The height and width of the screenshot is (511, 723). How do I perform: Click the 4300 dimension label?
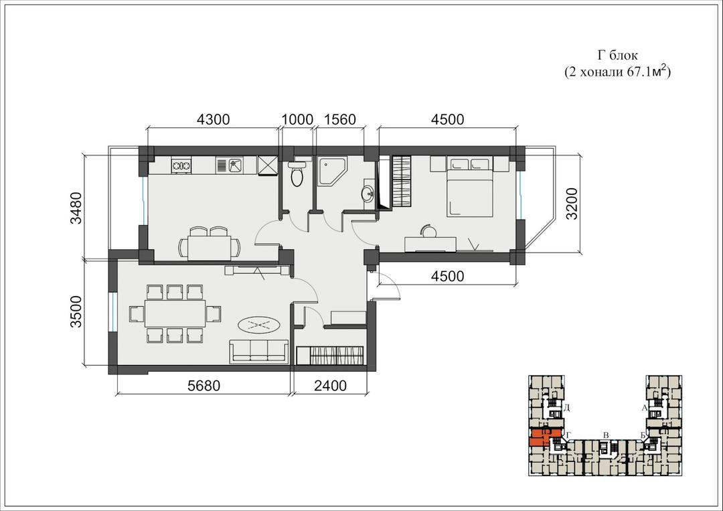point(213,119)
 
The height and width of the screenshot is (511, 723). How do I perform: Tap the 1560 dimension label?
point(340,119)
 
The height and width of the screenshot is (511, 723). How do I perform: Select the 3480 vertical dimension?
point(76,208)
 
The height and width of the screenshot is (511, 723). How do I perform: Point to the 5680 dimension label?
point(204,385)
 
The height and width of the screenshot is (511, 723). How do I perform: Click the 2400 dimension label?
point(330,385)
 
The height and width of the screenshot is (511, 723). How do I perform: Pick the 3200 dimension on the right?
point(572,204)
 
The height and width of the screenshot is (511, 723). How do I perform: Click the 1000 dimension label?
point(297,119)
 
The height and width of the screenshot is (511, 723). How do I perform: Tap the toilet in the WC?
point(297,174)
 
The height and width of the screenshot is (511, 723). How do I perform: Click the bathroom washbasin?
point(369,194)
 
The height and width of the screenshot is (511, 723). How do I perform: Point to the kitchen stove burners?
point(181,165)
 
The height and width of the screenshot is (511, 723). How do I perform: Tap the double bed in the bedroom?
point(469,187)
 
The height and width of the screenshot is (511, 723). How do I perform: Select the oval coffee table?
point(259,325)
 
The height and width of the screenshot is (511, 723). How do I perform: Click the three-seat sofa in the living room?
point(260,352)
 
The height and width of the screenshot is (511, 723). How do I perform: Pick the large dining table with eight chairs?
point(175,313)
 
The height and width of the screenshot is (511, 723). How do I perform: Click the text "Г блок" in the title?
point(617,56)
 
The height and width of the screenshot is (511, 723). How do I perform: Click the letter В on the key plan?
point(607,435)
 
